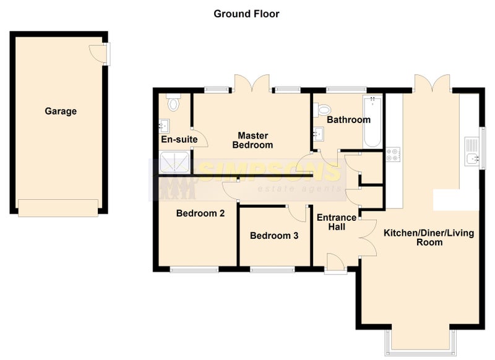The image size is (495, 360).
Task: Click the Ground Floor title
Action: point(246,14)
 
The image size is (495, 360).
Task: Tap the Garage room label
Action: point(61,111)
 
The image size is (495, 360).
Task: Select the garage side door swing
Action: point(97,54)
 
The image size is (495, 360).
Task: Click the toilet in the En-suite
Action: point(173,102)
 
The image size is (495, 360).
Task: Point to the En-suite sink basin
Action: point(164,126)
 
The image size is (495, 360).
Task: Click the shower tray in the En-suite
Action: point(174,162)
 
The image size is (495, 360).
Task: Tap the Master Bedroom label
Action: point(252,140)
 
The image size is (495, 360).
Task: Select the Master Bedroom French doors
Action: point(252,84)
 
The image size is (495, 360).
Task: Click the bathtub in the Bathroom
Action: point(372,121)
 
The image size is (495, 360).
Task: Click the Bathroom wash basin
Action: point(319,134)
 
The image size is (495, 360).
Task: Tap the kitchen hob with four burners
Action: point(393,155)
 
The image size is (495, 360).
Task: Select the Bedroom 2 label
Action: point(200,213)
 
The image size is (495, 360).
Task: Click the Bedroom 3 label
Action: point(274,236)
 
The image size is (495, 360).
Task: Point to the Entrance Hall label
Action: point(337,222)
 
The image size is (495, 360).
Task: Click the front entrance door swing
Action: point(335,261)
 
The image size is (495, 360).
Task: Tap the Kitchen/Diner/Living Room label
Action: point(429,238)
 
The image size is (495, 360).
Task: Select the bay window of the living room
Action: point(421,342)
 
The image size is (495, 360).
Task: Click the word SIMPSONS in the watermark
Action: point(269,171)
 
